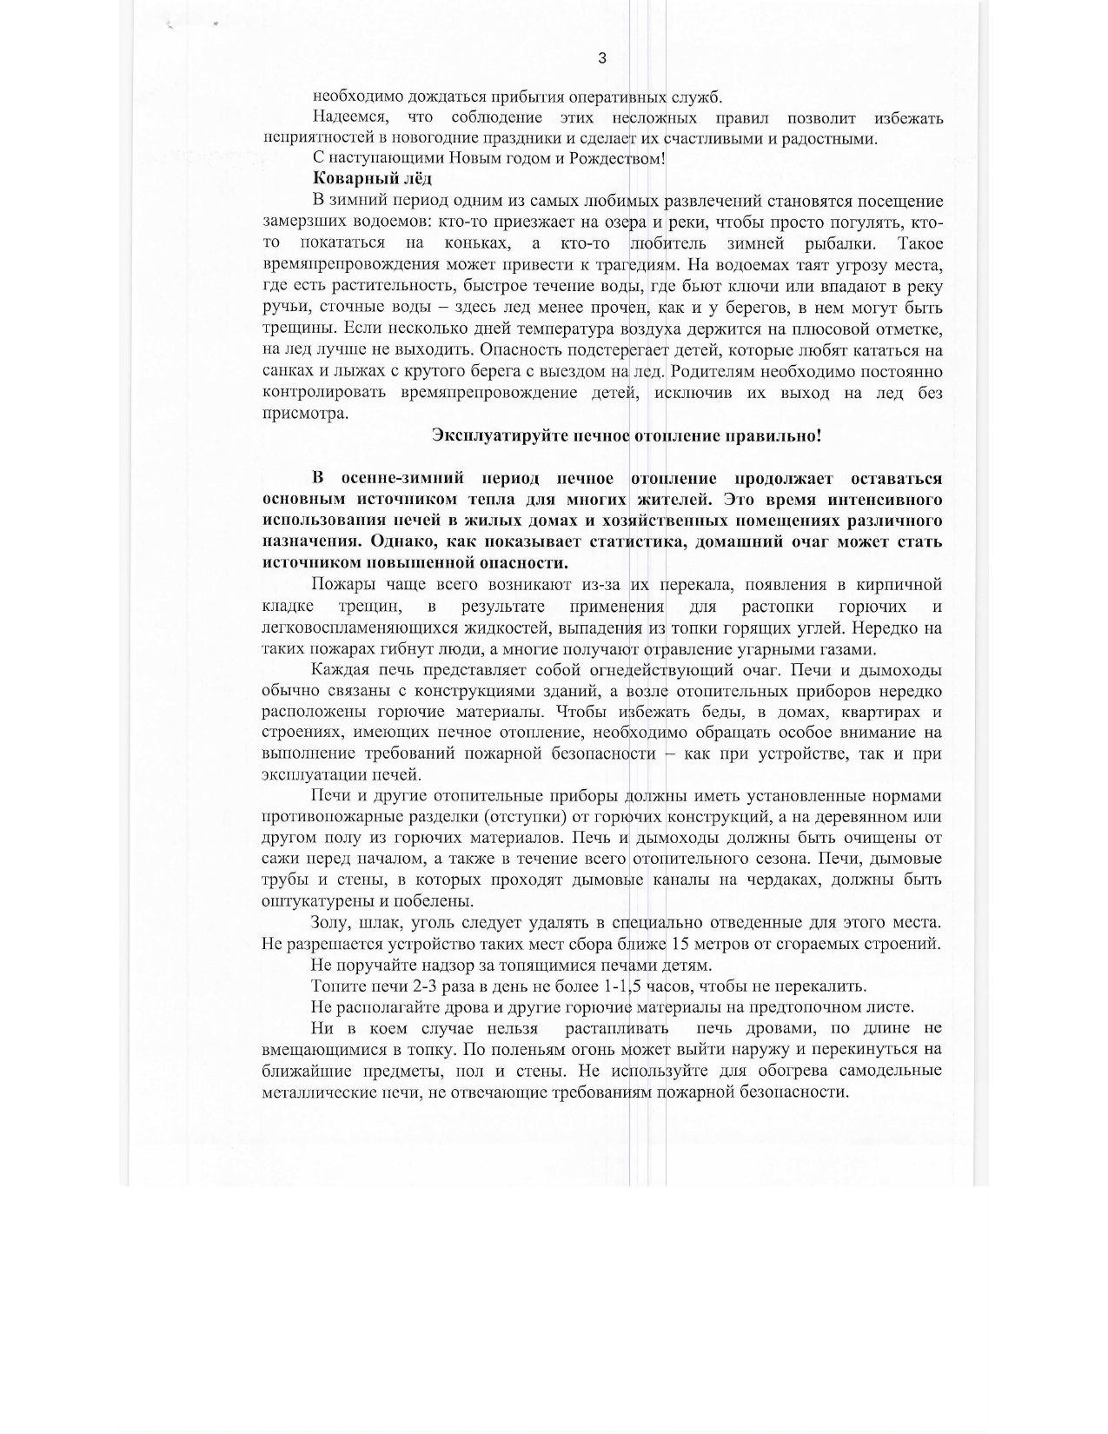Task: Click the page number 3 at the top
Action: click(602, 59)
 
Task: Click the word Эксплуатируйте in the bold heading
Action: click(501, 435)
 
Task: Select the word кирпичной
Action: click(899, 584)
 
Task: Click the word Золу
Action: click(330, 923)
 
